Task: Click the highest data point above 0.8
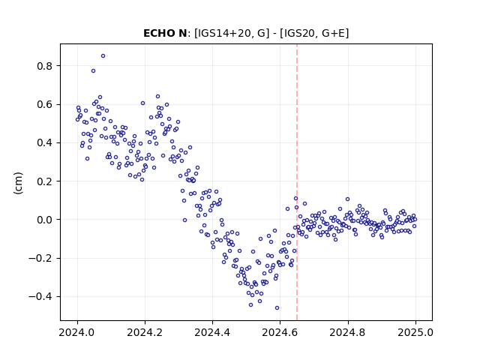coord(103,56)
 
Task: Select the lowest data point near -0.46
coord(277,308)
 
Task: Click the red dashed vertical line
coord(297,182)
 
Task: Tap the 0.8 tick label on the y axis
coord(44,66)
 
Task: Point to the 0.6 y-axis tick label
coord(44,104)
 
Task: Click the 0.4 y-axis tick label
coord(44,143)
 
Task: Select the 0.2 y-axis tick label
coord(44,181)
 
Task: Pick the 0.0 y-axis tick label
coord(44,220)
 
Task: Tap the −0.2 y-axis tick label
coord(40,258)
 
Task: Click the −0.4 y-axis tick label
coord(40,297)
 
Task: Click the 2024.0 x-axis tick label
coord(77,332)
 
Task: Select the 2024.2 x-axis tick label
coord(145,332)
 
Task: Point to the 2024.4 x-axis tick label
coord(212,332)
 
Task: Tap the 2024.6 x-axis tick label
coord(280,332)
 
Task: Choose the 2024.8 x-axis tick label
coord(347,332)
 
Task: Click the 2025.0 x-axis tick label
coord(415,332)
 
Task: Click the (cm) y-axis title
coord(18,183)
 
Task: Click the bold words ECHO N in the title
coord(165,33)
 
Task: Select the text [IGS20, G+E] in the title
coord(316,33)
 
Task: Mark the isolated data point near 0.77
coord(93,71)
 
